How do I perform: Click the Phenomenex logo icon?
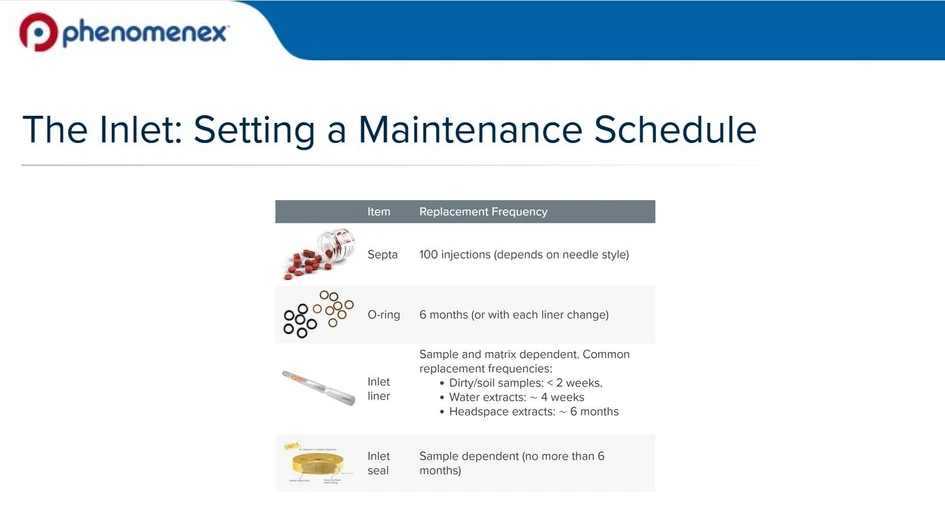(39, 32)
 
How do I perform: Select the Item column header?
(379, 212)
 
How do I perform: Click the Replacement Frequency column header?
(483, 212)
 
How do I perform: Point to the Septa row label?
(382, 255)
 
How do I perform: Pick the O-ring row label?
(383, 315)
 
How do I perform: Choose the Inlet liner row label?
(379, 389)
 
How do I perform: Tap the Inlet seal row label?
(379, 463)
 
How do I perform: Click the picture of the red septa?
(318, 254)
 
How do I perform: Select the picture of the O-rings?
(317, 314)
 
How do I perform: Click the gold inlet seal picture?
(318, 464)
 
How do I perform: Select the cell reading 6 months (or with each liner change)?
(514, 315)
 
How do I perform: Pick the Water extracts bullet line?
(516, 397)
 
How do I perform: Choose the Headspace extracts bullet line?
(533, 412)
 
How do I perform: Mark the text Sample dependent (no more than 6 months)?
(511, 463)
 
